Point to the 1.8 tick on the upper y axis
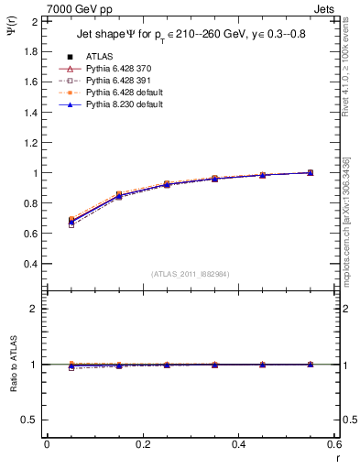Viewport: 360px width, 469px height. pos(31,51)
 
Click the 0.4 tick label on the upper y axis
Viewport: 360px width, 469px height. pos(31,264)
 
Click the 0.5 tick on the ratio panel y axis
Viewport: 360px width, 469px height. pos(31,420)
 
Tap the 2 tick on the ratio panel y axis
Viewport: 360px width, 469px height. pos(35,309)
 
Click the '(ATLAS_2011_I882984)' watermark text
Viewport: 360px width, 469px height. pos(191,274)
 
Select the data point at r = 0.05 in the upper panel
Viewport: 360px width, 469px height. pos(71,221)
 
